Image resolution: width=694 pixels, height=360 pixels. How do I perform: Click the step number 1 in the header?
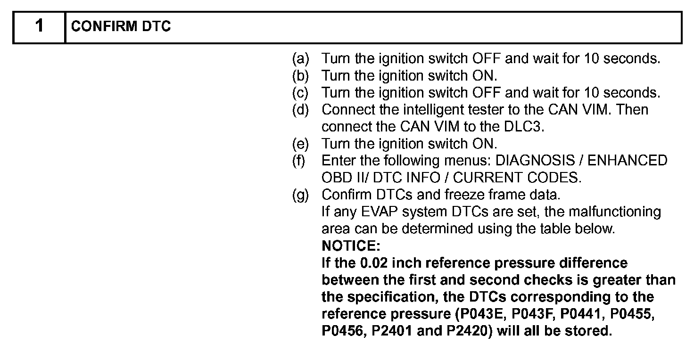point(39,26)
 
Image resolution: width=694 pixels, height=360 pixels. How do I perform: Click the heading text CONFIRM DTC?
point(121,27)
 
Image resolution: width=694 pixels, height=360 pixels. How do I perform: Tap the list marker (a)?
point(300,59)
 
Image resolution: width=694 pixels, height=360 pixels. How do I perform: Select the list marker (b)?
point(300,76)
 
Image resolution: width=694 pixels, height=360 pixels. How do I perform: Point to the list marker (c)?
point(300,93)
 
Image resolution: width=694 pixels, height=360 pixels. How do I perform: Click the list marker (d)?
point(300,110)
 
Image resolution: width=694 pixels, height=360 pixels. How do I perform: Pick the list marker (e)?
point(300,144)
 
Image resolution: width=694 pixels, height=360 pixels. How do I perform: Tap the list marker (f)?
point(299,161)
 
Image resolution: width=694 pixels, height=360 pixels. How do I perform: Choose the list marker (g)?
point(300,195)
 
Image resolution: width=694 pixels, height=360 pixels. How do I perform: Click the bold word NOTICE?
point(350,245)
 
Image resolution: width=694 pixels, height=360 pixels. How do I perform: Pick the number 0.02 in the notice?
point(369,263)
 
